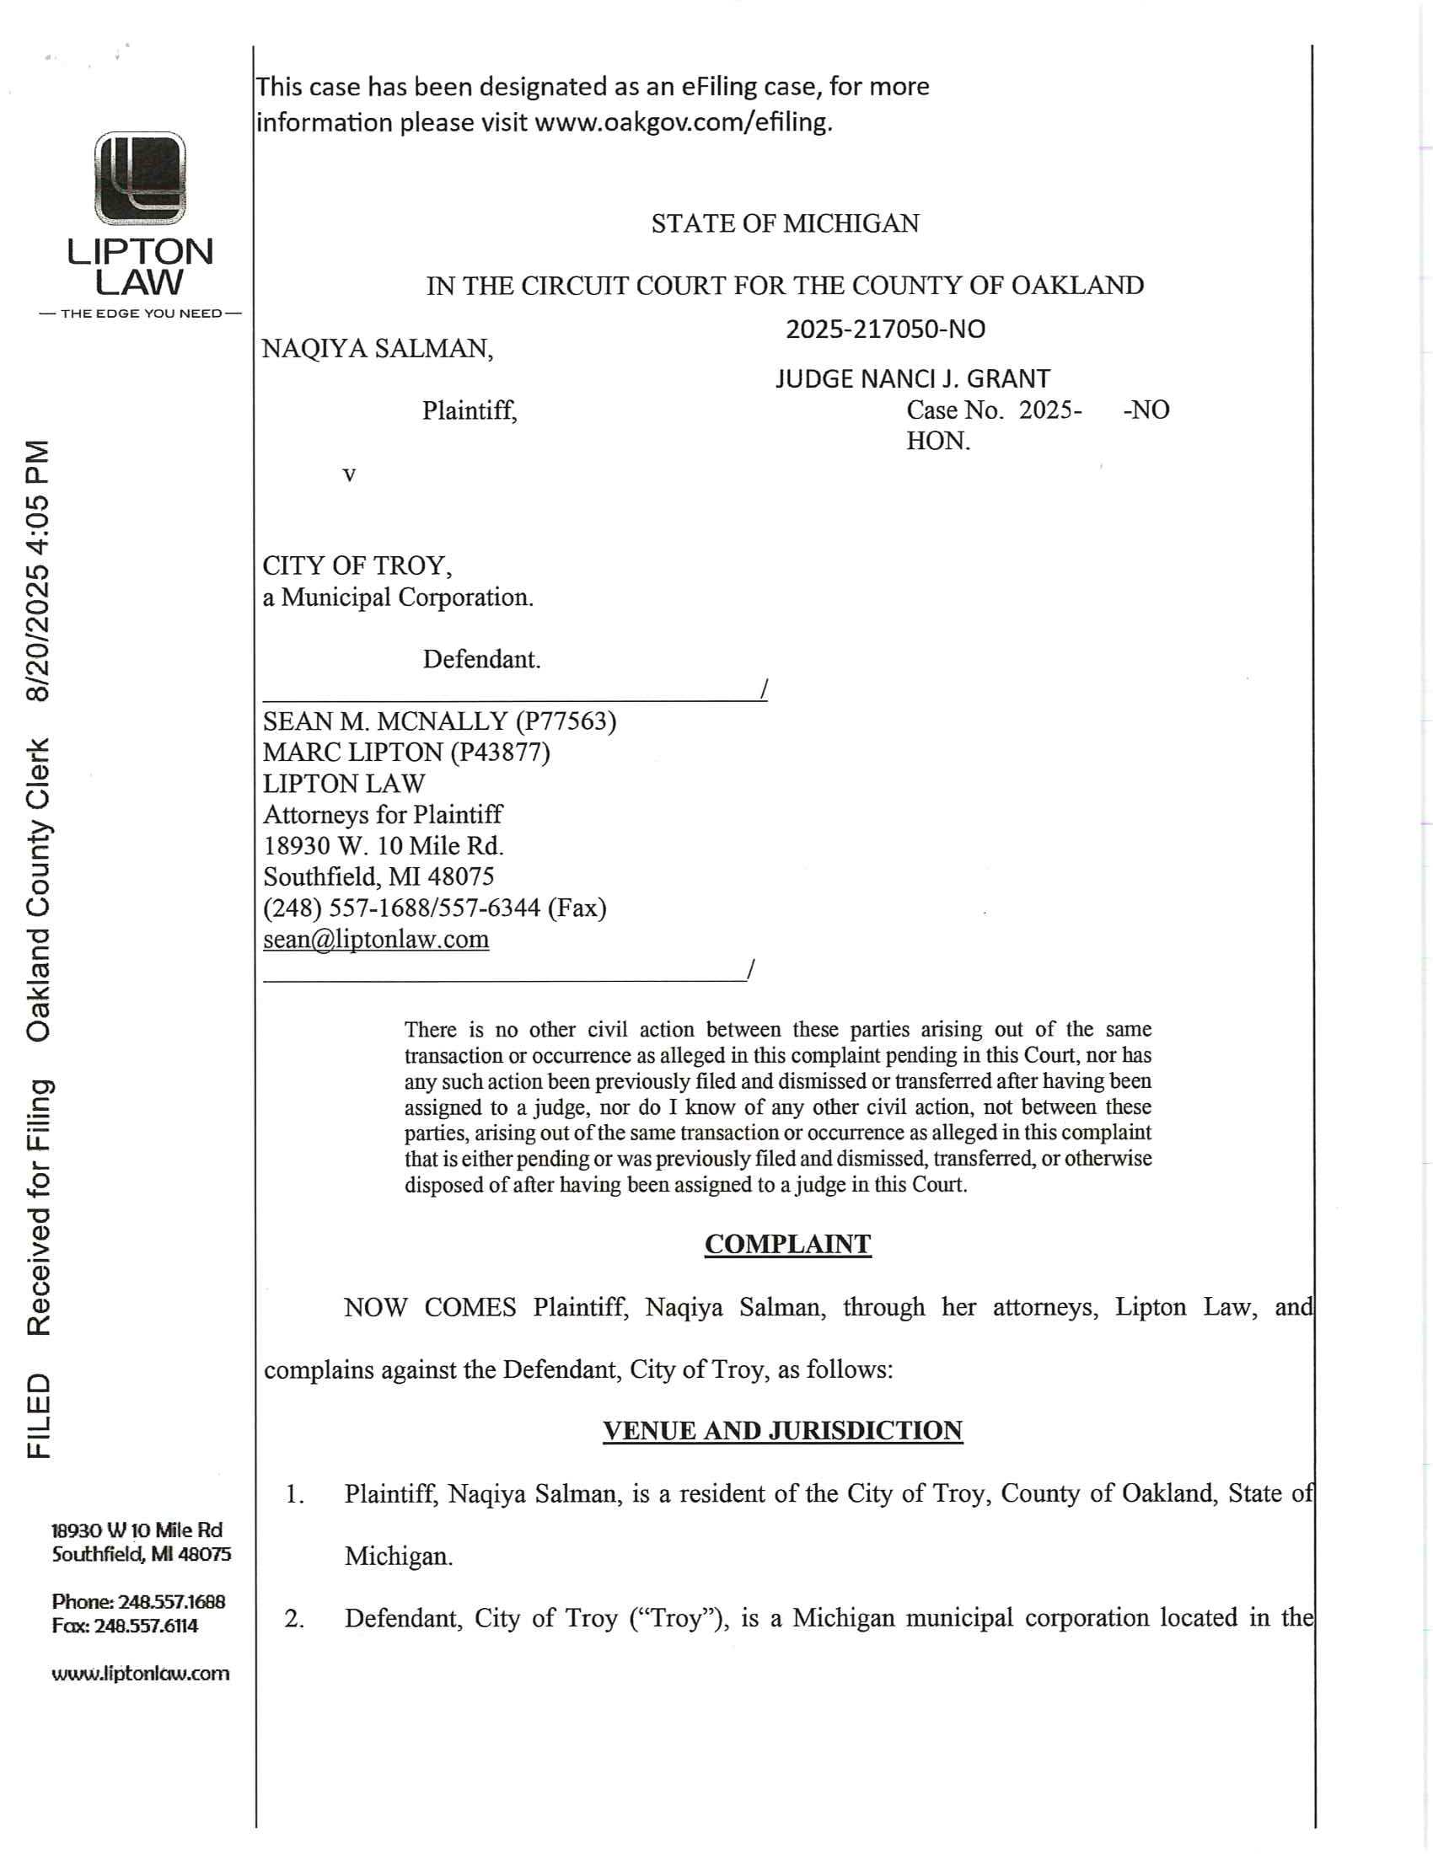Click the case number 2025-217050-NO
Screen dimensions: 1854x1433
(885, 330)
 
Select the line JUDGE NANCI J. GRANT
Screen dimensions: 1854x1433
(912, 378)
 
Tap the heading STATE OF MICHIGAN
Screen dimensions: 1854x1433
(785, 223)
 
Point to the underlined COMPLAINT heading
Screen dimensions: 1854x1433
(787, 1244)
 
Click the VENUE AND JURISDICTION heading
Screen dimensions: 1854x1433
(782, 1430)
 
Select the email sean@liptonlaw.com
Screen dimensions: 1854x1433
(375, 939)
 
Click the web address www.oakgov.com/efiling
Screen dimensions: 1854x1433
(682, 123)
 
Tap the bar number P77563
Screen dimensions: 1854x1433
(566, 721)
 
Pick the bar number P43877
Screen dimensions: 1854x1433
(500, 752)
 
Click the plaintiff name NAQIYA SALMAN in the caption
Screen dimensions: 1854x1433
(376, 349)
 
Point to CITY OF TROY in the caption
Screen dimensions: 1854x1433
(356, 565)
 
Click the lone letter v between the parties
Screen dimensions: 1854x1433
(349, 474)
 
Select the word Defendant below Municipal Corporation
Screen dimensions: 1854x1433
(480, 660)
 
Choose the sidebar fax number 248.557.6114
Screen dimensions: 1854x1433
(158, 1626)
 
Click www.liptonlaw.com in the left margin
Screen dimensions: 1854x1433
(140, 1673)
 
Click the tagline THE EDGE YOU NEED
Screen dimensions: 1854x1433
(140, 313)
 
